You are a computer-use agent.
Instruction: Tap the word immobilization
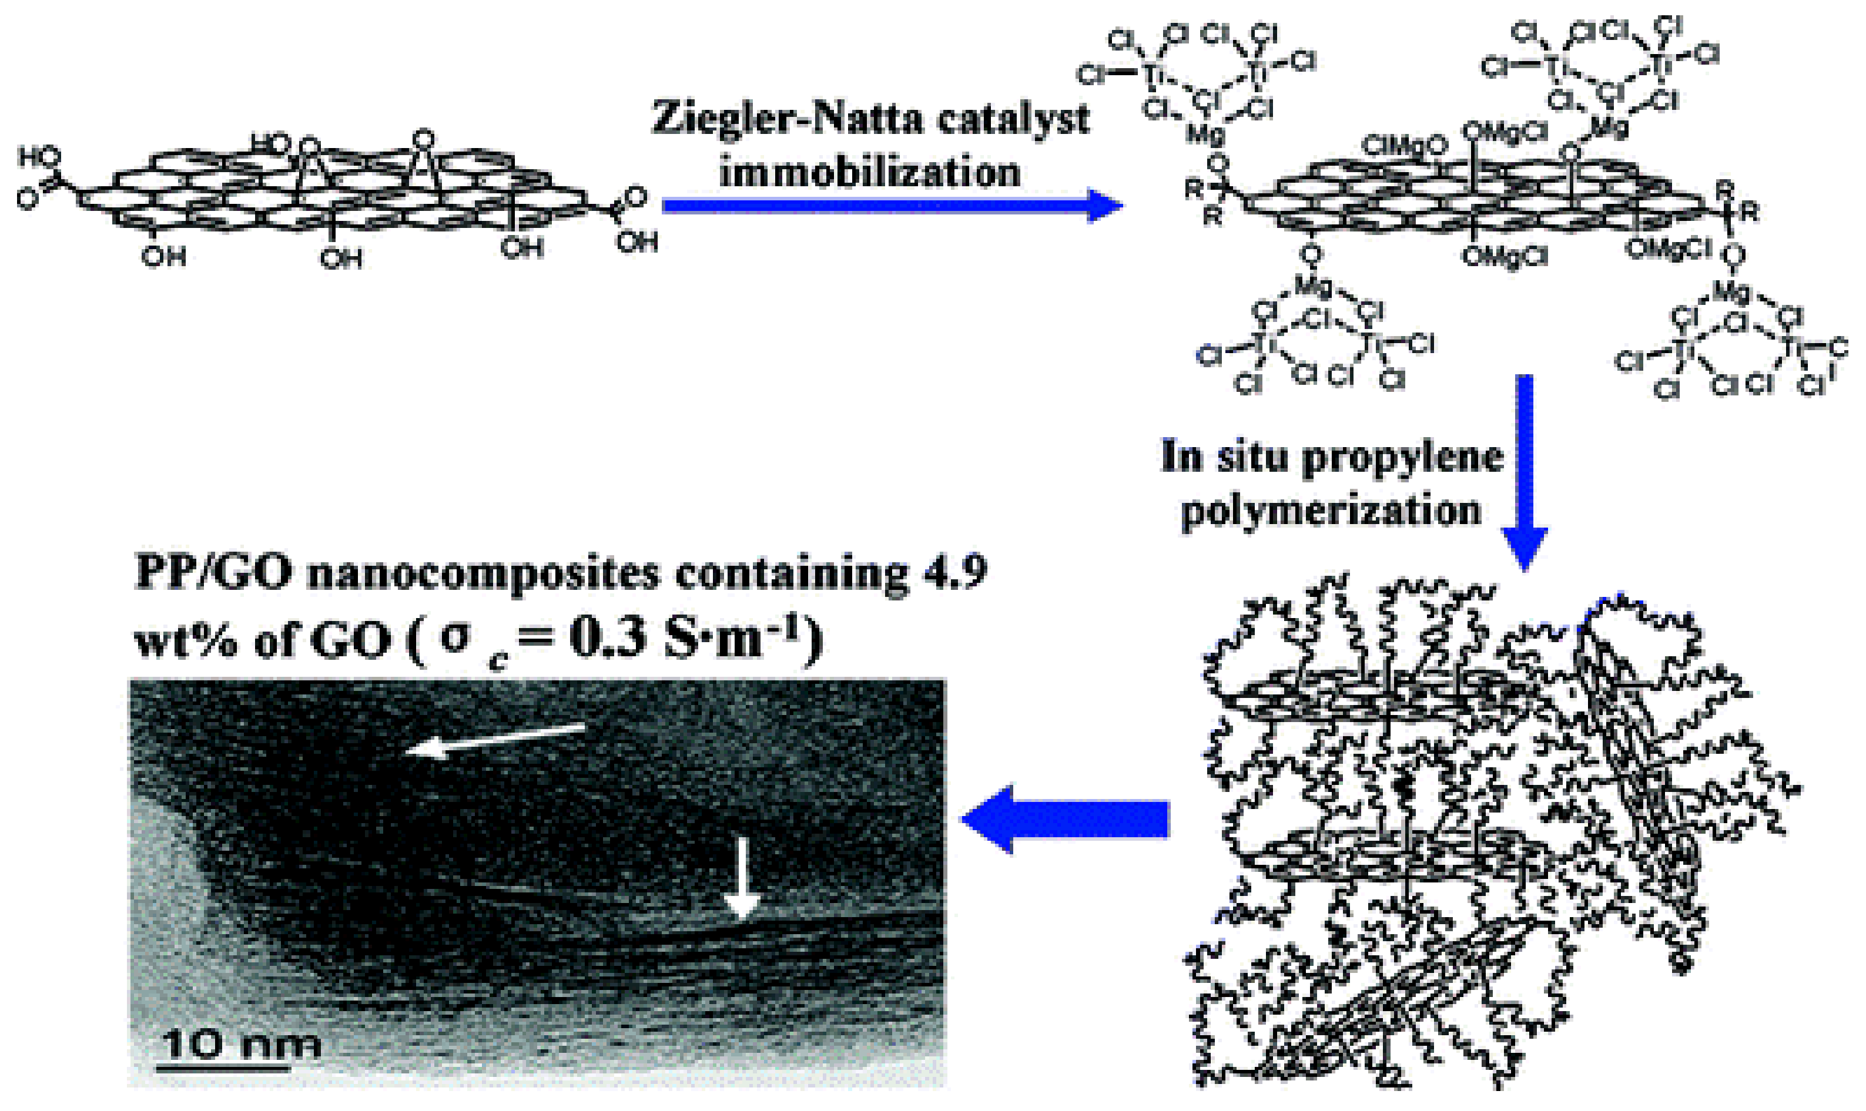869,172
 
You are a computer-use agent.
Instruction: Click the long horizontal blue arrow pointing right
891,205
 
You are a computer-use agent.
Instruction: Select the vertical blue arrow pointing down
1524,472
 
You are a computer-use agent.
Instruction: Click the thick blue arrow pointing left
1063,819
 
